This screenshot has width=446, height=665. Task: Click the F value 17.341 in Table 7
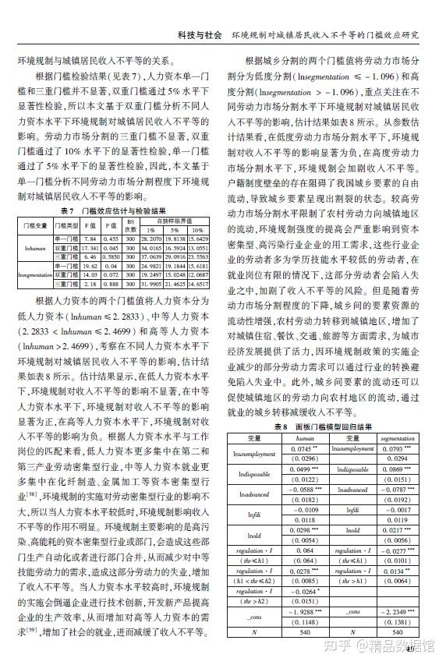pos(90,246)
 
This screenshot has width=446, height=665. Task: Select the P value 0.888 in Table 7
pos(111,285)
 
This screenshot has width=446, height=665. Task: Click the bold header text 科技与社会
pos(200,36)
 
